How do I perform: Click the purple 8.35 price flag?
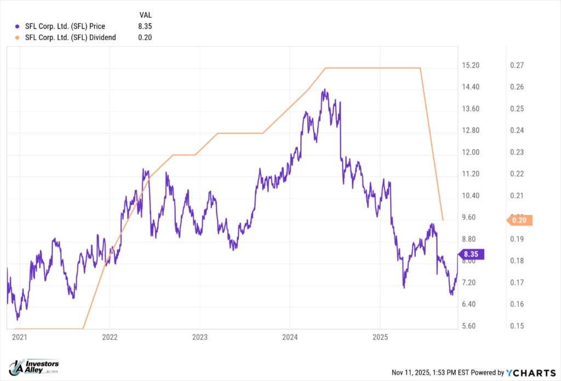coord(473,254)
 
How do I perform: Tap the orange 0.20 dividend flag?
coord(518,220)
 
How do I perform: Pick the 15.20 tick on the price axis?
coord(471,66)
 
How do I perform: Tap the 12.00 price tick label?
coord(471,152)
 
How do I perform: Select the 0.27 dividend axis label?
coord(517,66)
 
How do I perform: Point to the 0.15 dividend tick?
coord(517,326)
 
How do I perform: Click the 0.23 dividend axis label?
coord(517,152)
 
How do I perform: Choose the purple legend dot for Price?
coord(18,26)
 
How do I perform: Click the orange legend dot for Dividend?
coord(18,37)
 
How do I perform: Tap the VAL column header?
coord(146,15)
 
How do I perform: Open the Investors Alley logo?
coord(35,367)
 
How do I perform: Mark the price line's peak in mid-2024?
coord(325,90)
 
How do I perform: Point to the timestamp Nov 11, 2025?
coord(411,373)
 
